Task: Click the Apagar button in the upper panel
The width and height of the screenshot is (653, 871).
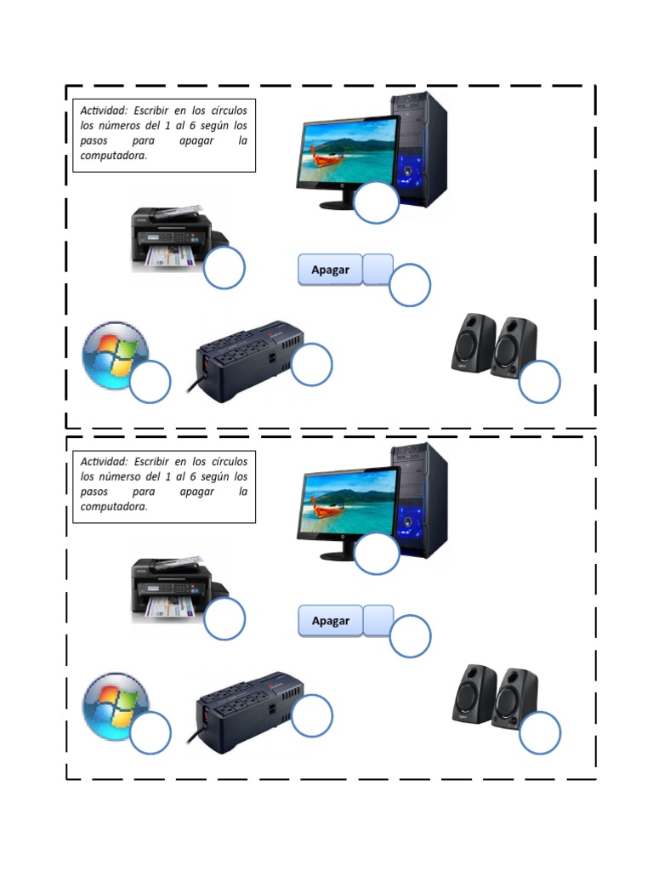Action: [331, 270]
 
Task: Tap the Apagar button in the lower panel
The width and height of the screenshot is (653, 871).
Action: [331, 621]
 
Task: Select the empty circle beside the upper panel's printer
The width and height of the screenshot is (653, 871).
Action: [224, 269]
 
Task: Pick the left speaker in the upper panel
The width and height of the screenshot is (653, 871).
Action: [473, 343]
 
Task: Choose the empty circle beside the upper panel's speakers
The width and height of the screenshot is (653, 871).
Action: [539, 381]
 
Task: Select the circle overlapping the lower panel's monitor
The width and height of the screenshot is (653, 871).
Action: [376, 554]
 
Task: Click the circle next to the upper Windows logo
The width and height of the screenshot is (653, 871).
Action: [150, 381]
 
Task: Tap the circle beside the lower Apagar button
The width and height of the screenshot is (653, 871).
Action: [410, 636]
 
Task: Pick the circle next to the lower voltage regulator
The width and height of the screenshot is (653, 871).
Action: [311, 715]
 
